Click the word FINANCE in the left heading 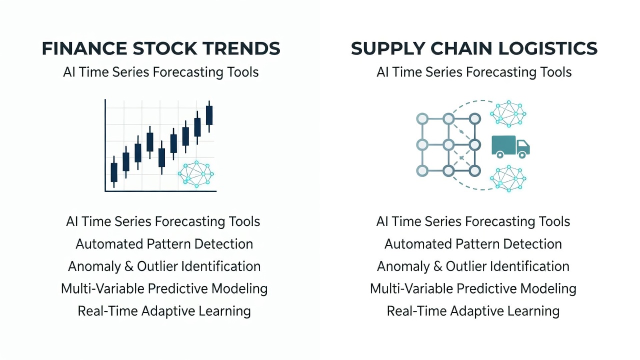(x=84, y=48)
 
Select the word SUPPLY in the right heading (x=388, y=48)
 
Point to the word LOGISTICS (x=548, y=48)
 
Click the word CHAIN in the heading (x=461, y=48)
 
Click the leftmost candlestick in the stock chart (x=114, y=171)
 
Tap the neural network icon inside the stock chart (x=196, y=174)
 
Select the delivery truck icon (x=510, y=147)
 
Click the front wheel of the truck (x=522, y=155)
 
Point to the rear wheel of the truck (x=500, y=155)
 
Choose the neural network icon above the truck (x=508, y=113)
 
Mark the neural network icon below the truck (x=508, y=178)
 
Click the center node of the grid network (x=448, y=145)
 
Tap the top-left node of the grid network (x=422, y=118)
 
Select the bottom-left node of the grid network (x=422, y=171)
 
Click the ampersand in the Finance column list (x=129, y=266)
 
